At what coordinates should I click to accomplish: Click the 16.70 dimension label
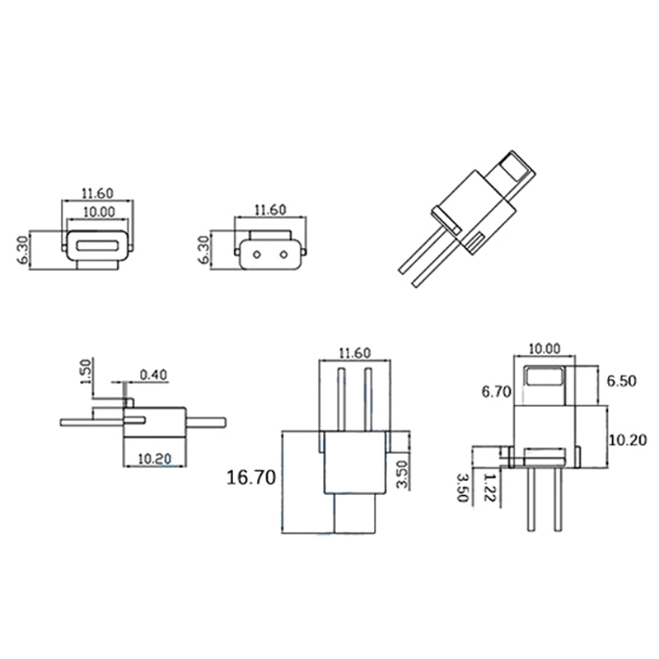click(251, 478)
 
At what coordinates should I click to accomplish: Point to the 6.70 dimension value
click(497, 392)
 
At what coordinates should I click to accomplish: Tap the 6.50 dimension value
click(621, 381)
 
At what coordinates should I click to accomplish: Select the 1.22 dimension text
click(489, 488)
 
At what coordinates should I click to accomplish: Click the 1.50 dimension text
click(86, 372)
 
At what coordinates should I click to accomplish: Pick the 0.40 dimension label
click(153, 375)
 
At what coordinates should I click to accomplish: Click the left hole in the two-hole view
click(257, 255)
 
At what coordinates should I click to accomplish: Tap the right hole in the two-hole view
click(284, 255)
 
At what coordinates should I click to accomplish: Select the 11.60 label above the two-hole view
click(270, 210)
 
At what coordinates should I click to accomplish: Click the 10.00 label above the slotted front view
click(99, 212)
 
